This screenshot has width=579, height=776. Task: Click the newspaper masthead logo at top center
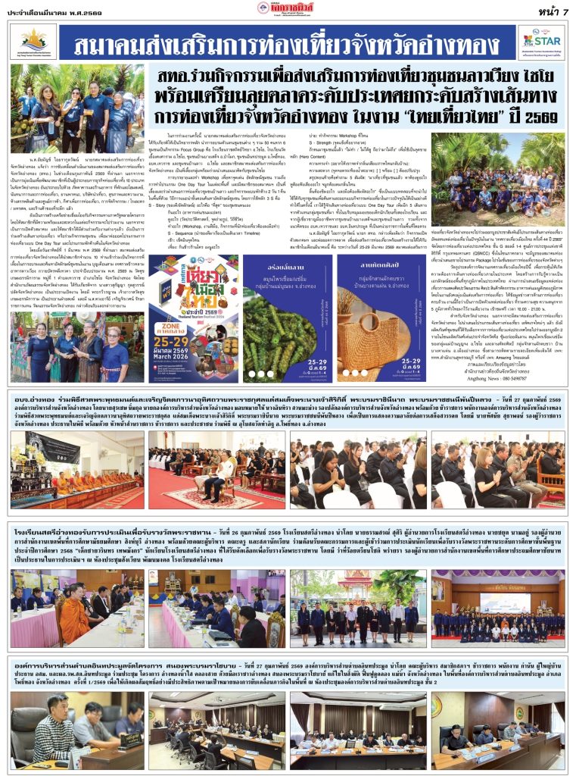(289, 8)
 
